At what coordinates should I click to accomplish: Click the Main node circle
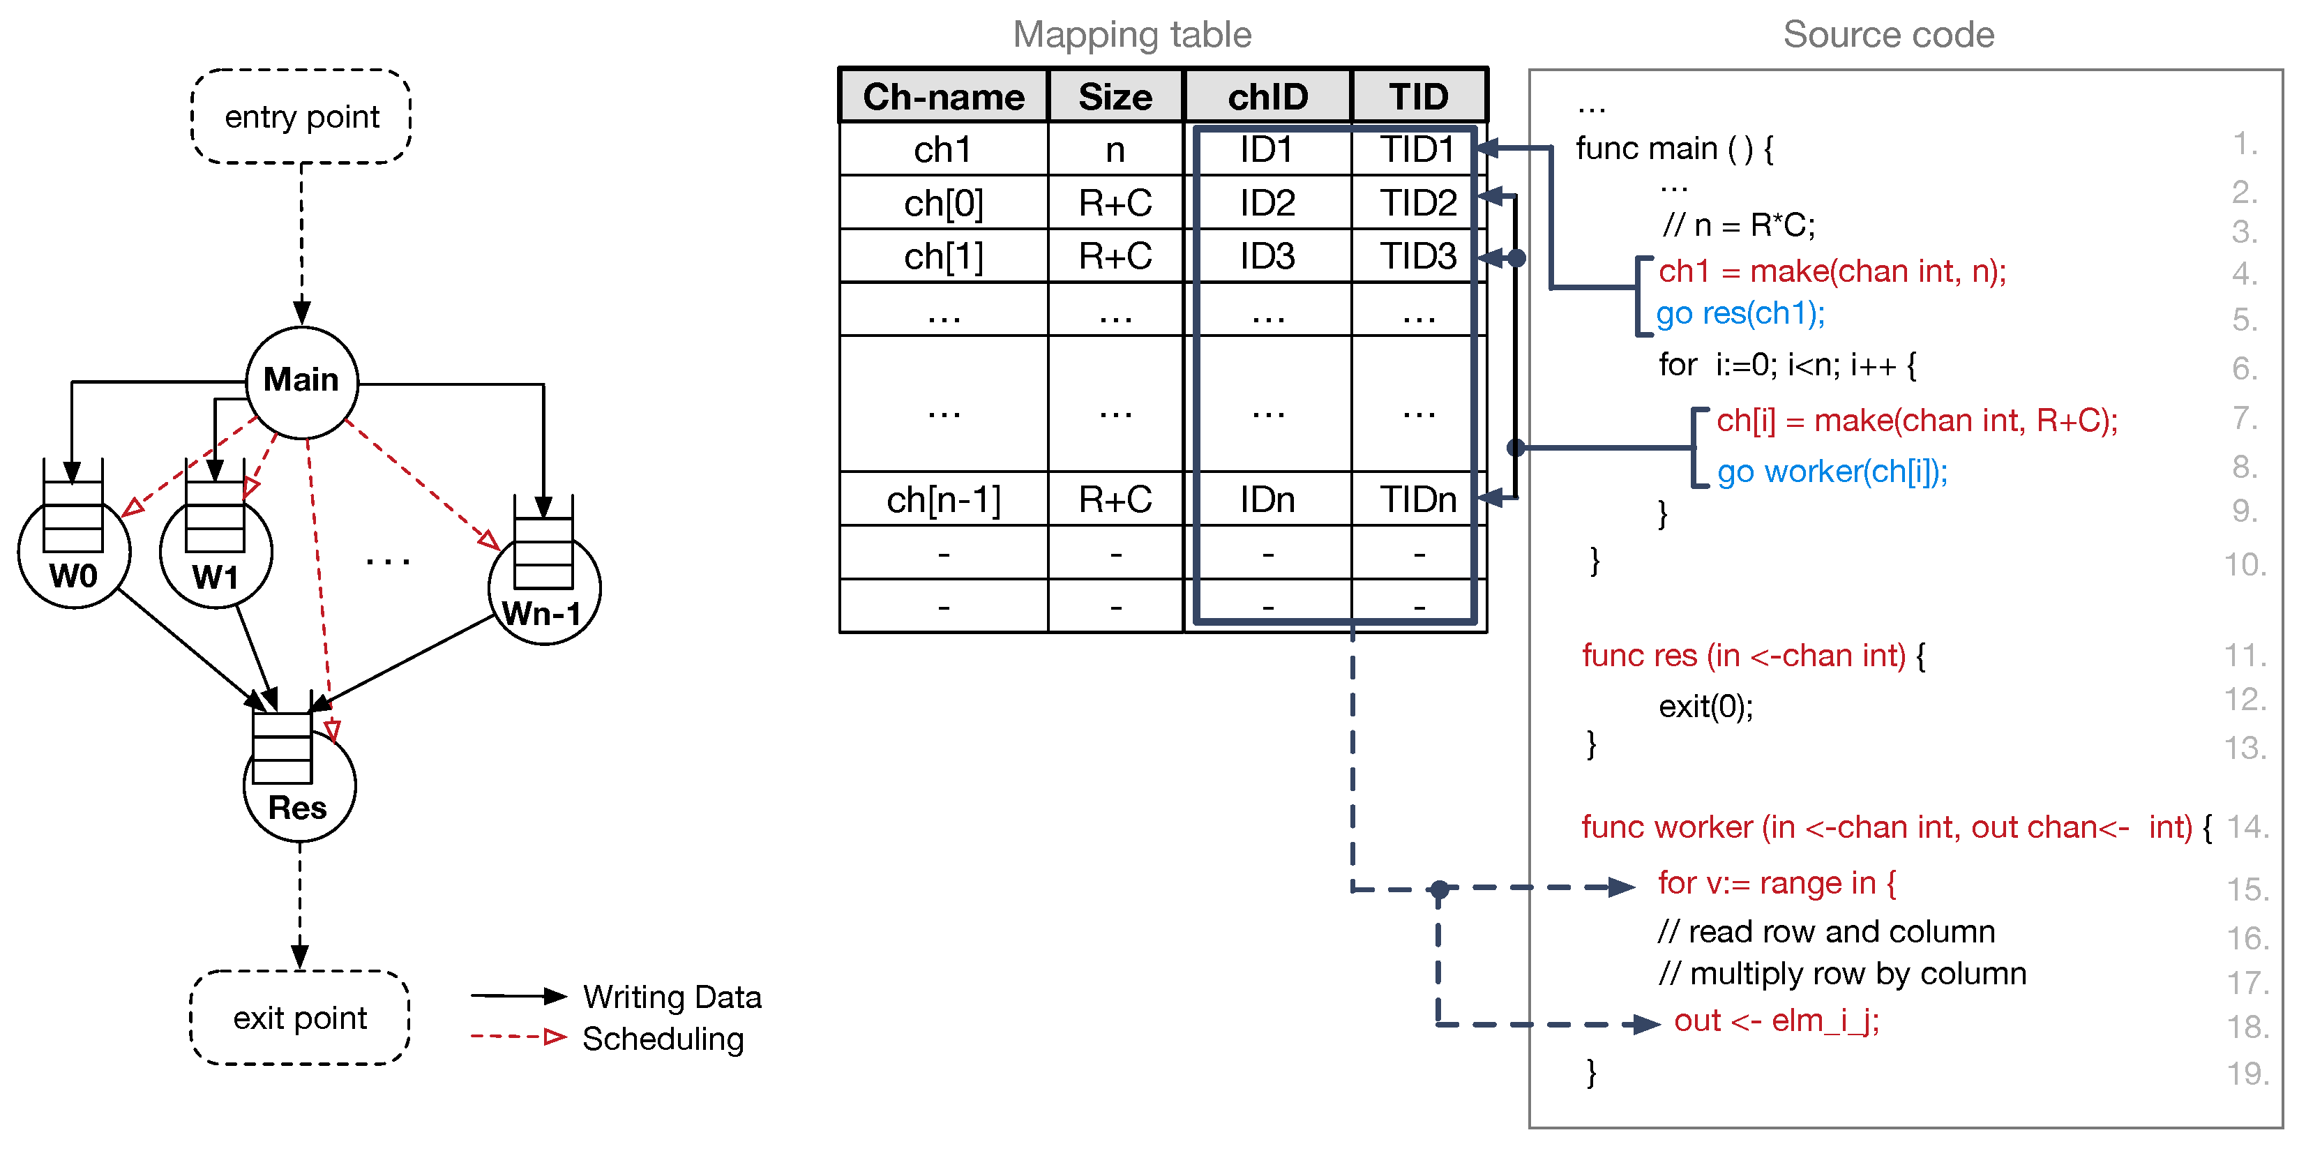302,382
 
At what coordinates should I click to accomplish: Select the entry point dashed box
302,117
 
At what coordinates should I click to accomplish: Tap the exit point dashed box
300,1018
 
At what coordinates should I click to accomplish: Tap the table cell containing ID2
1267,203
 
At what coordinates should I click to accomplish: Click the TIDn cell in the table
1418,499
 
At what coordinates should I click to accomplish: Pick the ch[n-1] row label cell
944,499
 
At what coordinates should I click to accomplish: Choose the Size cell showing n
1115,149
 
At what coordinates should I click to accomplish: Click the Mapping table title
1131,35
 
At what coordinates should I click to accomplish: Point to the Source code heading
1888,35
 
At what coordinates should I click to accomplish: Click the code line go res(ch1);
1740,313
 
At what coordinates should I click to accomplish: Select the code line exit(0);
1705,706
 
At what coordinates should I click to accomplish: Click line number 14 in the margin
2247,826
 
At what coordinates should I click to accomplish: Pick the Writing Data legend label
672,997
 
